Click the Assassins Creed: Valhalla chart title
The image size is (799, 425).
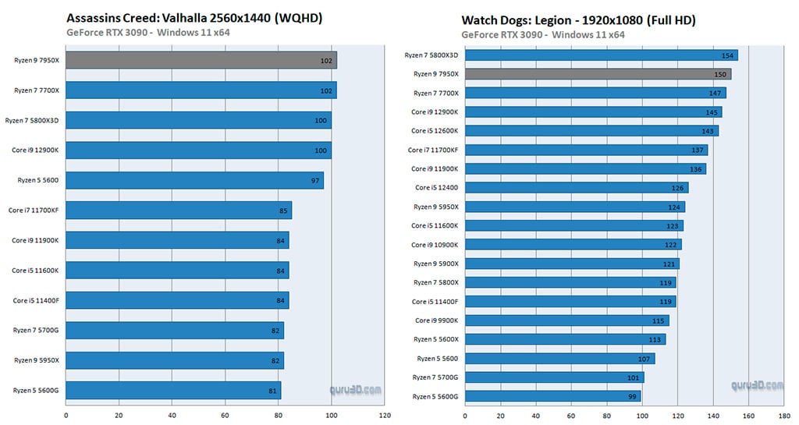(194, 18)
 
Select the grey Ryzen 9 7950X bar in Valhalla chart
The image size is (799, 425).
(201, 61)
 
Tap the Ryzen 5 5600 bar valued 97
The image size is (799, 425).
(194, 180)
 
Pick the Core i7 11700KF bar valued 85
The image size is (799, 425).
(179, 210)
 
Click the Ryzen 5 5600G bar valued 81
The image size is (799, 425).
(173, 390)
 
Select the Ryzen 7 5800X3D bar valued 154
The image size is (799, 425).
(601, 55)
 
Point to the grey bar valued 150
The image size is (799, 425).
(598, 74)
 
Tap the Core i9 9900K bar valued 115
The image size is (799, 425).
(566, 321)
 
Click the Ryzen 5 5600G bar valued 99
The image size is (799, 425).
(552, 396)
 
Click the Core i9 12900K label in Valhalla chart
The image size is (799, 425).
(35, 150)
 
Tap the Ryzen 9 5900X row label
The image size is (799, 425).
(435, 264)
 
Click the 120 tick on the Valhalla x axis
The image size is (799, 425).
(385, 416)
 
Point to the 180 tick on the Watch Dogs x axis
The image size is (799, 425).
(784, 416)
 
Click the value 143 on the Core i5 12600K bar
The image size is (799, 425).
(709, 131)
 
